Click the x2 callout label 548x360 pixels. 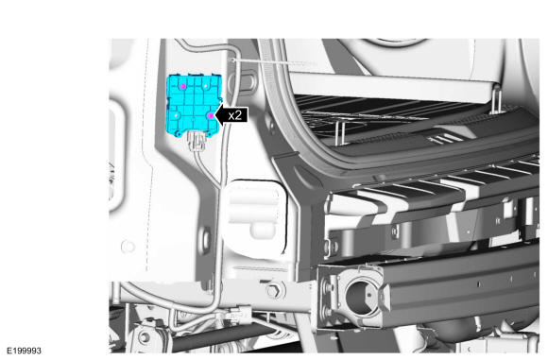pyautogui.click(x=235, y=115)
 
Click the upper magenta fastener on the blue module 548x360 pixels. pyautogui.click(x=182, y=86)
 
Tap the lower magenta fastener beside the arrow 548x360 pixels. pyautogui.click(x=211, y=115)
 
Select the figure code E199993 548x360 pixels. pyautogui.click(x=25, y=351)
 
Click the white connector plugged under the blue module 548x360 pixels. pyautogui.click(x=197, y=142)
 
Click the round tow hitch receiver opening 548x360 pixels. pyautogui.click(x=360, y=297)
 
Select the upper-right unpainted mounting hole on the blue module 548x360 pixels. pyautogui.click(x=206, y=85)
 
